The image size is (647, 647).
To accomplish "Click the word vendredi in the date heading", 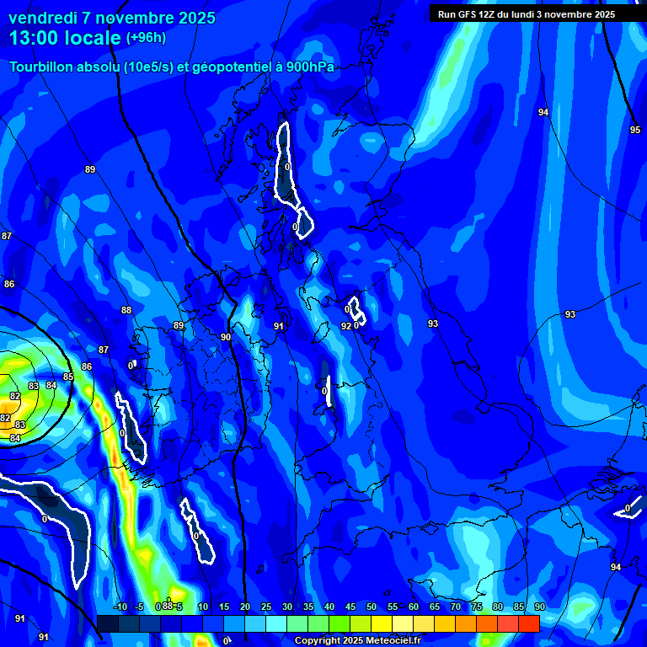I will coord(43,18).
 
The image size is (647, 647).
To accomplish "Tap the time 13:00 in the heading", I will coord(36,37).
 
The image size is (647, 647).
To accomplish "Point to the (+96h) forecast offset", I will coord(146,38).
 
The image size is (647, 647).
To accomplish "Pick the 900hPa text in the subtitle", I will coord(311,67).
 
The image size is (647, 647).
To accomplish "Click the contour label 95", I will coord(635,130).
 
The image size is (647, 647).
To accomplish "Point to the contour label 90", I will coord(226,337).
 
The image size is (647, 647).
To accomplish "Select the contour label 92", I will coord(345,326).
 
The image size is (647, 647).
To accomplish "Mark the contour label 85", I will coord(68,377).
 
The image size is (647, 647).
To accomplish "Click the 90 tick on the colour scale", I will coord(539,607).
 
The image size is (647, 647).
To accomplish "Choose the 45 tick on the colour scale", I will coord(350,607).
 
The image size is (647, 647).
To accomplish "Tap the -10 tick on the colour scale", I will coord(120,607).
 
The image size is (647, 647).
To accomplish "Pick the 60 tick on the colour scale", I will coord(414,607).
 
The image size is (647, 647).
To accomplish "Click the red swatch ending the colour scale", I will coord(529,623).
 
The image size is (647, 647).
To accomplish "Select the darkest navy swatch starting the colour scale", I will coord(107,623).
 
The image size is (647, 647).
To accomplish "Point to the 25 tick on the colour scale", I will coord(266,607).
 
